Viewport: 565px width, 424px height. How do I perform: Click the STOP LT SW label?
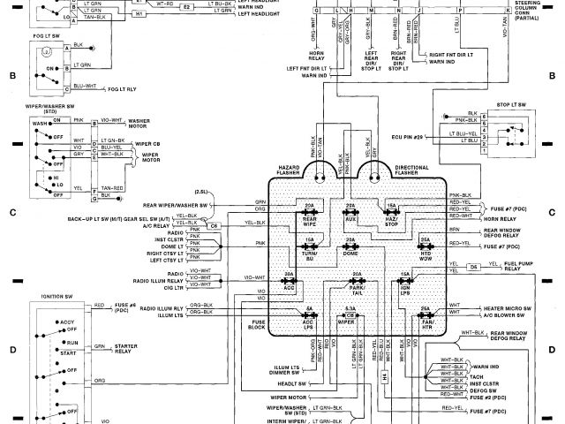point(511,103)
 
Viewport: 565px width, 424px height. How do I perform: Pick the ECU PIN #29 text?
point(407,137)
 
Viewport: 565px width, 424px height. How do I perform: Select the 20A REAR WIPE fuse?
point(309,213)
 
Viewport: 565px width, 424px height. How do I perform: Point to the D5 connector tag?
point(472,266)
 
